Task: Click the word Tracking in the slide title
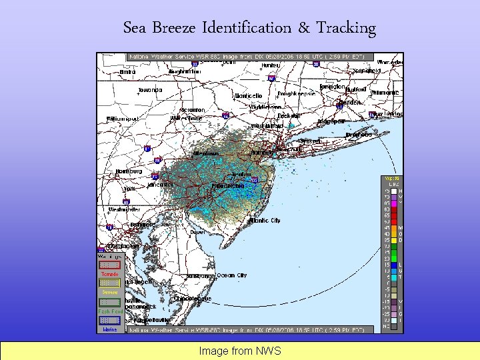pos(346,28)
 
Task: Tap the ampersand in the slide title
pos(304,28)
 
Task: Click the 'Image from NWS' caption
pos(240,351)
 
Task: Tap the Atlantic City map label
pos(265,220)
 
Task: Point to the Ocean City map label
pos(231,275)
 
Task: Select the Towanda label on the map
pos(150,90)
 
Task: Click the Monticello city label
pos(247,95)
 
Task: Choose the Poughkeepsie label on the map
pos(291,94)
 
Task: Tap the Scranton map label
pos(193,110)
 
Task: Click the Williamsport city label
pos(123,119)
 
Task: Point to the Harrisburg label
pos(129,171)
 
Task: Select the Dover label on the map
pos(197,232)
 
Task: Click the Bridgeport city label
pos(331,121)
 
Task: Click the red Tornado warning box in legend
pos(109,265)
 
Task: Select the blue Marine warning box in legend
pos(109,320)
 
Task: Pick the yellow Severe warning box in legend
pos(109,283)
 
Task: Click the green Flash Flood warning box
pos(109,302)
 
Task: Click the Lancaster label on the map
pos(160,184)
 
